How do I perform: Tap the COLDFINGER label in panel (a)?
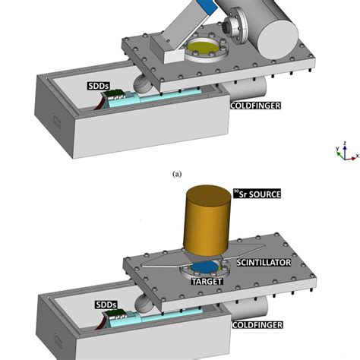click(x=256, y=106)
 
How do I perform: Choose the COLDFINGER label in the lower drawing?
click(x=256, y=325)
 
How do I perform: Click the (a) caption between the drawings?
click(x=177, y=174)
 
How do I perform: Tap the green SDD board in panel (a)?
click(x=115, y=96)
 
